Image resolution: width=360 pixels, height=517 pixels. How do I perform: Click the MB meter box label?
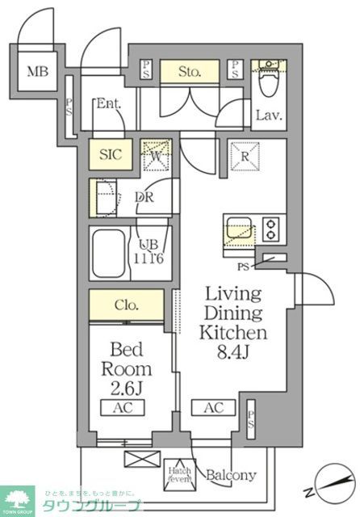[37, 70]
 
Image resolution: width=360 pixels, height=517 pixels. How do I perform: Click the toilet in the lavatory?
[267, 80]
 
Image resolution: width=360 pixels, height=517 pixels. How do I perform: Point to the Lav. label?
[268, 116]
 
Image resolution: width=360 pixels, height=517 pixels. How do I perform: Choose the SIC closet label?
[110, 154]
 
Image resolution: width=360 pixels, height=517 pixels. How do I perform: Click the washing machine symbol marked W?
[157, 154]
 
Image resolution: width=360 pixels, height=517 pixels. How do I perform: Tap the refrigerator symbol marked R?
[241, 153]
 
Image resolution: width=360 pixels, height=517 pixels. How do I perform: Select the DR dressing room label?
[144, 196]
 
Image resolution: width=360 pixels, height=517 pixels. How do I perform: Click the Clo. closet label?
[128, 306]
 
